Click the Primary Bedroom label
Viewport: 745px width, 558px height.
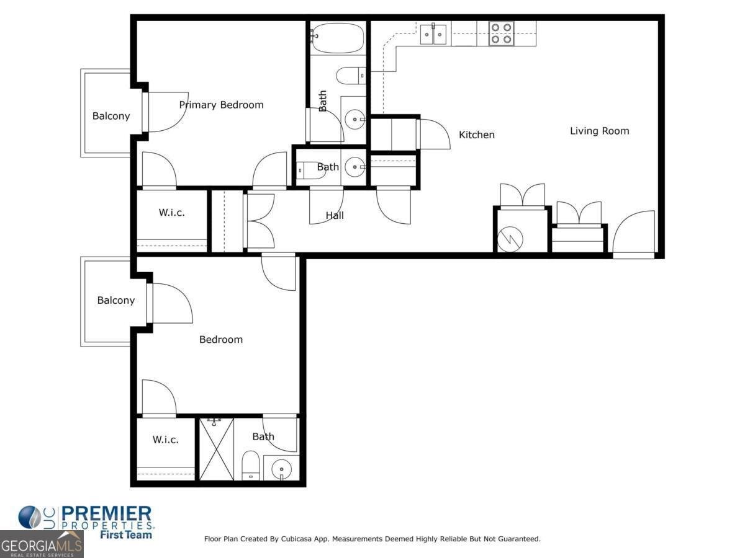(221, 105)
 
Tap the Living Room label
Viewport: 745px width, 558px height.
(599, 131)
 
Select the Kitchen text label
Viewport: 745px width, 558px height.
(476, 135)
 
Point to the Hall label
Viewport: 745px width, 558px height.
(335, 216)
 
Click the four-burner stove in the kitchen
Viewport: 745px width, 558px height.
(501, 33)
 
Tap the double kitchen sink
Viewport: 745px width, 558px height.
(433, 34)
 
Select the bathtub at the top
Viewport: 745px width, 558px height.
(337, 38)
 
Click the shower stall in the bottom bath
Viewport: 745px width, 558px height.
(216, 449)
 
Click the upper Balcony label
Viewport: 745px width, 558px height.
(111, 116)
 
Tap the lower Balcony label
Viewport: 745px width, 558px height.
(115, 300)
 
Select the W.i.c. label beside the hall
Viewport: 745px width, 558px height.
(171, 212)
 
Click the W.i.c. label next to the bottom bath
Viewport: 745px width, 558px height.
(165, 440)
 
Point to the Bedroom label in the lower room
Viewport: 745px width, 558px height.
(220, 340)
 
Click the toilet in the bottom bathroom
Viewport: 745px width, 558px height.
(250, 465)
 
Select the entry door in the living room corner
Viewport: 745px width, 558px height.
(634, 234)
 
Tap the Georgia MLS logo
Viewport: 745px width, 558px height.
(41, 545)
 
